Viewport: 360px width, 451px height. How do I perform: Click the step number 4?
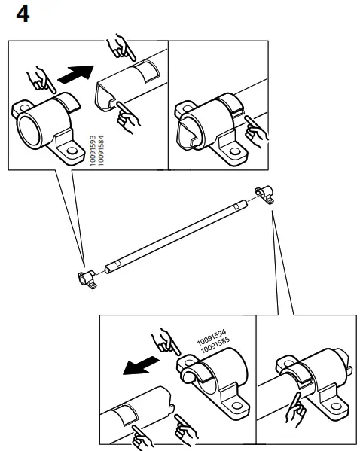(23, 14)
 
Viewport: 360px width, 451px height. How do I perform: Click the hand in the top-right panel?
(260, 136)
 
